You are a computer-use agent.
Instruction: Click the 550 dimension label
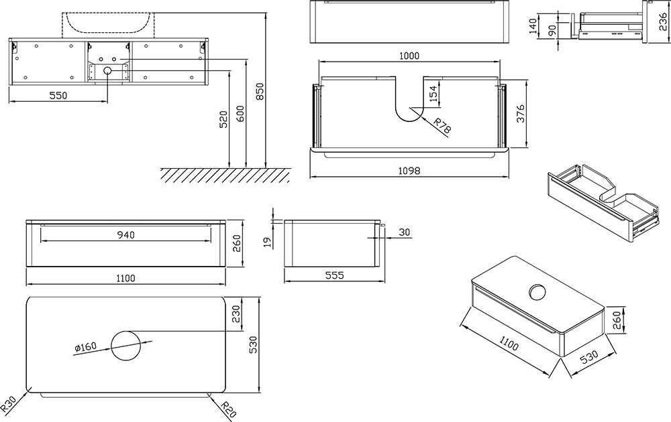[x=58, y=96]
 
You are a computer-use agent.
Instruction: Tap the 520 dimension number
[x=223, y=121]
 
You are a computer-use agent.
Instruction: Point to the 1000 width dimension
[x=409, y=57]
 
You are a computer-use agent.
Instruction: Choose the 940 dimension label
[x=126, y=234]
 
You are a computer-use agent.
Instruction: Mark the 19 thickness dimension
[x=266, y=240]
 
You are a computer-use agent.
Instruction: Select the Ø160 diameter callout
[x=85, y=347]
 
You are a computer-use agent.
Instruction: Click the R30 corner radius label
[x=9, y=404]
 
